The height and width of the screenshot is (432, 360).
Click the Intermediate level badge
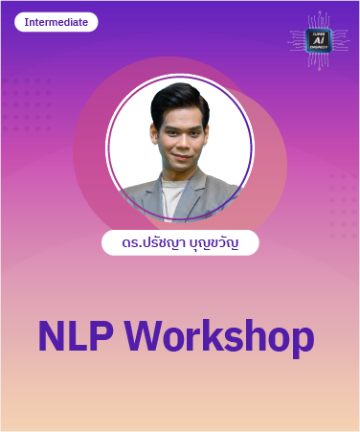56,22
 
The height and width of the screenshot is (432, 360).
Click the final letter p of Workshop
302,340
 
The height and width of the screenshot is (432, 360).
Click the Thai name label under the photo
180,243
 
